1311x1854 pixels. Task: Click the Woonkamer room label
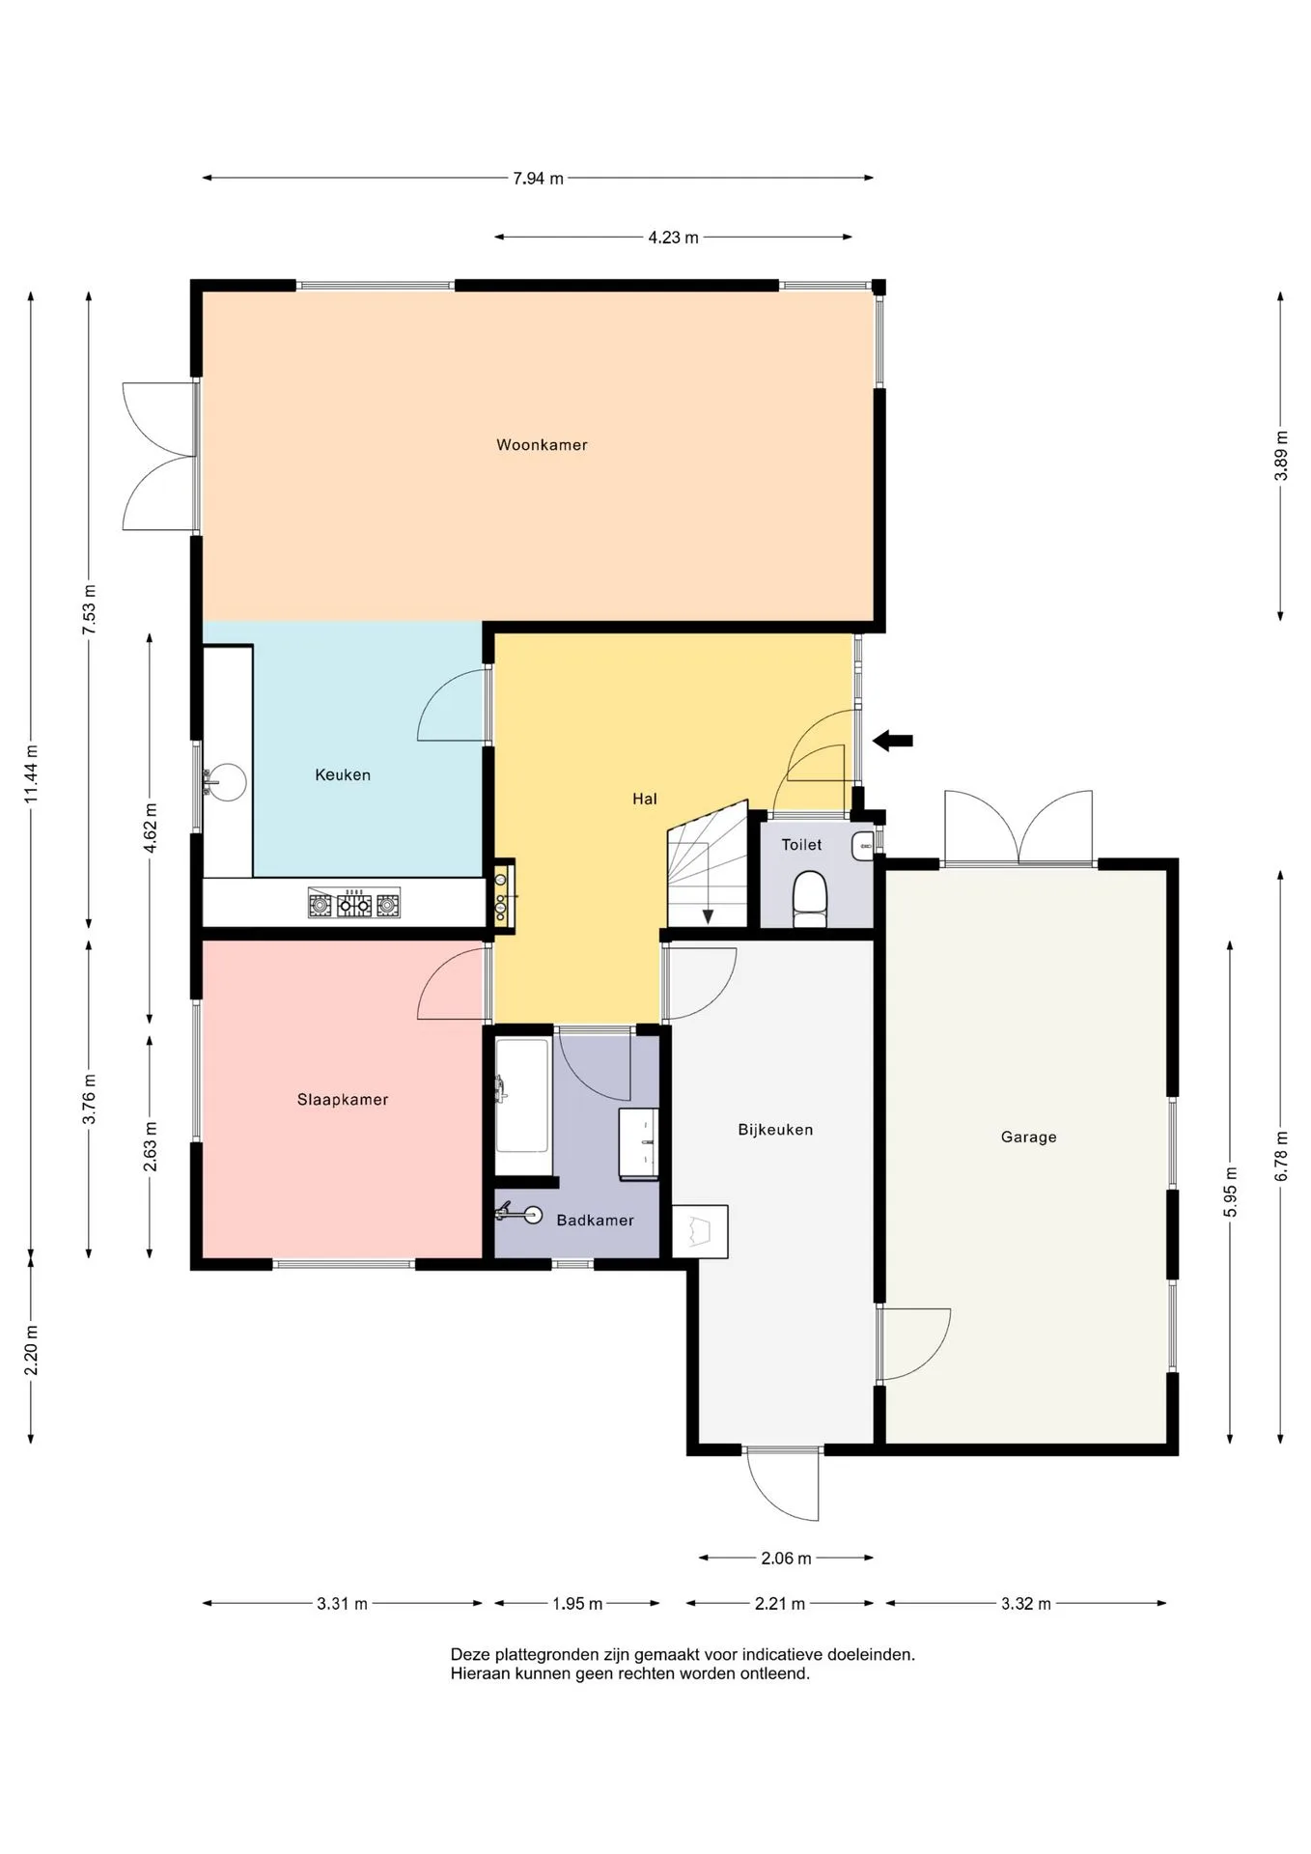[542, 445]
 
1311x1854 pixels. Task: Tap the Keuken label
[343, 774]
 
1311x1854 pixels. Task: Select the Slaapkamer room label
[343, 1100]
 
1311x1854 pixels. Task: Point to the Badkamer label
[595, 1221]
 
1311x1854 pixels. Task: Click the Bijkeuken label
[775, 1130]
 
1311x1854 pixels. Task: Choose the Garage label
[1028, 1138]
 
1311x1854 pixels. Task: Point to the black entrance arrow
[893, 741]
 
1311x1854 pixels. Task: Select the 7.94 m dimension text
[538, 179]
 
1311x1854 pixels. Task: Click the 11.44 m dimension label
[32, 773]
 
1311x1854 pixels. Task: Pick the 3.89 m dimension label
[1281, 455]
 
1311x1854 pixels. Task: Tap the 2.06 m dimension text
[786, 1558]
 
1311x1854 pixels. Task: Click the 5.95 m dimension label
[1231, 1192]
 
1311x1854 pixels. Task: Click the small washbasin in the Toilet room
[863, 847]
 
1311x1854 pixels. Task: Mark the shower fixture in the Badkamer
[518, 1213]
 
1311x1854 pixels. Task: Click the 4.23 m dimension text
[673, 238]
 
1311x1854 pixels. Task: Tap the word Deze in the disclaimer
[469, 1654]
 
